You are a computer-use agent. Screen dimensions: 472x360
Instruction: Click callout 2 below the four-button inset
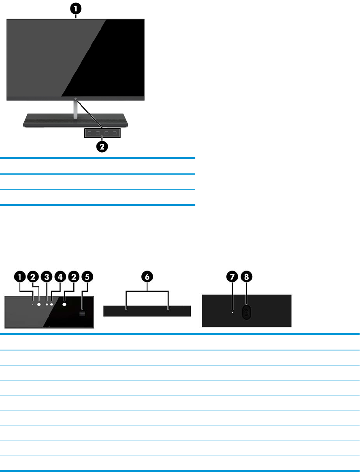tap(102, 146)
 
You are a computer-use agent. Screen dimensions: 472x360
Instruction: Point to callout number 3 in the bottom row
tap(47, 277)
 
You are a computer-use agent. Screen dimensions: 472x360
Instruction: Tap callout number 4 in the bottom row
tap(60, 277)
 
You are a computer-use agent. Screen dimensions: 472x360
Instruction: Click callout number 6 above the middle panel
tap(147, 277)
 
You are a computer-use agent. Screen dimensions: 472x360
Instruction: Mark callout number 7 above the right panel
tap(232, 277)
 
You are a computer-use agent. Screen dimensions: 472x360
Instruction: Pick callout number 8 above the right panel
tap(246, 277)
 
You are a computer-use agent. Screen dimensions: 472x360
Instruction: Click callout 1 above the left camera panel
tap(19, 277)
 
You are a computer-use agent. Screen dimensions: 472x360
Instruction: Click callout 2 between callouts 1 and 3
tap(33, 277)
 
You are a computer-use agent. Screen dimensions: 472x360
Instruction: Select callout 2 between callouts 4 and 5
tap(74, 277)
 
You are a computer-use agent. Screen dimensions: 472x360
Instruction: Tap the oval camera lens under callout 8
tap(246, 312)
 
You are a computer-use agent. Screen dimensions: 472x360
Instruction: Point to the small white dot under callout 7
tap(232, 312)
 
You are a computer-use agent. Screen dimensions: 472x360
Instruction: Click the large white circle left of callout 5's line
tap(65, 302)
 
